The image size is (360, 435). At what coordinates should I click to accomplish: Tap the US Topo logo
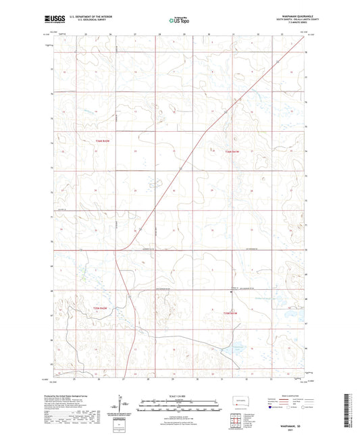coord(180,21)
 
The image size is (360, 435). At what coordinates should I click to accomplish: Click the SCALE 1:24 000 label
coord(180,396)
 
